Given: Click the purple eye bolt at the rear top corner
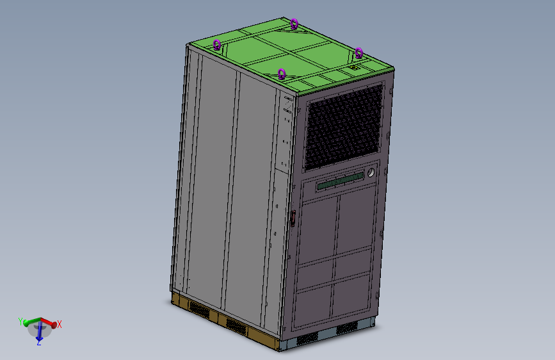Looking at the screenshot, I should tap(294, 24).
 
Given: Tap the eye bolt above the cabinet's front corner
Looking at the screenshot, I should tap(281, 74).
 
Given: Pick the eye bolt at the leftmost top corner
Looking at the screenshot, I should tap(217, 44).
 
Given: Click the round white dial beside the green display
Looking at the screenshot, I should tap(370, 174).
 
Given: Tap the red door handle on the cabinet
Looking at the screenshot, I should tap(293, 218).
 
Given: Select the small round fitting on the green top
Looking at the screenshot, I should tap(353, 67).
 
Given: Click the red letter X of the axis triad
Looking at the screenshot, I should tap(60, 325).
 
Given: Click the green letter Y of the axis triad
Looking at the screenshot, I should tap(20, 321).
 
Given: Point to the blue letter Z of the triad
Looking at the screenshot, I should tap(38, 342).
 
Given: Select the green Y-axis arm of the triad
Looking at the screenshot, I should tap(31, 321).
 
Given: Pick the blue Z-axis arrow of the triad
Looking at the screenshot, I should tap(39, 332).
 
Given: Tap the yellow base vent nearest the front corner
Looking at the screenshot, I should tap(236, 326).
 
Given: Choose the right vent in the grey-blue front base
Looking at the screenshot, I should tap(348, 327).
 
